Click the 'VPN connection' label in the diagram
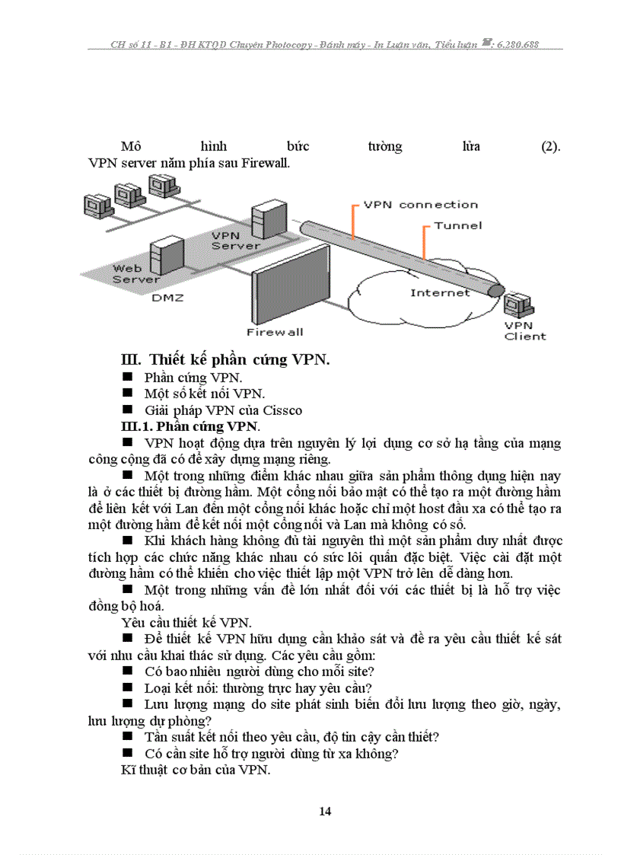(x=420, y=204)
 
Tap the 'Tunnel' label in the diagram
(x=457, y=225)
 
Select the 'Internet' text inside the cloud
(x=440, y=292)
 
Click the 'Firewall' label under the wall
(x=275, y=332)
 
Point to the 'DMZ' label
(x=167, y=298)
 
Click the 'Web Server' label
(x=137, y=273)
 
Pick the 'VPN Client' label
(x=524, y=330)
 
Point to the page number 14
(x=325, y=811)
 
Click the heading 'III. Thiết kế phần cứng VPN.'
(x=225, y=359)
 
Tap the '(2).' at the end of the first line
(x=550, y=146)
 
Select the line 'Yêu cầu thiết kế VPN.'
(x=177, y=623)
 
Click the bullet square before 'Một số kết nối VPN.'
(x=127, y=394)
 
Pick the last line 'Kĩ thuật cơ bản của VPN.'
(x=196, y=770)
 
